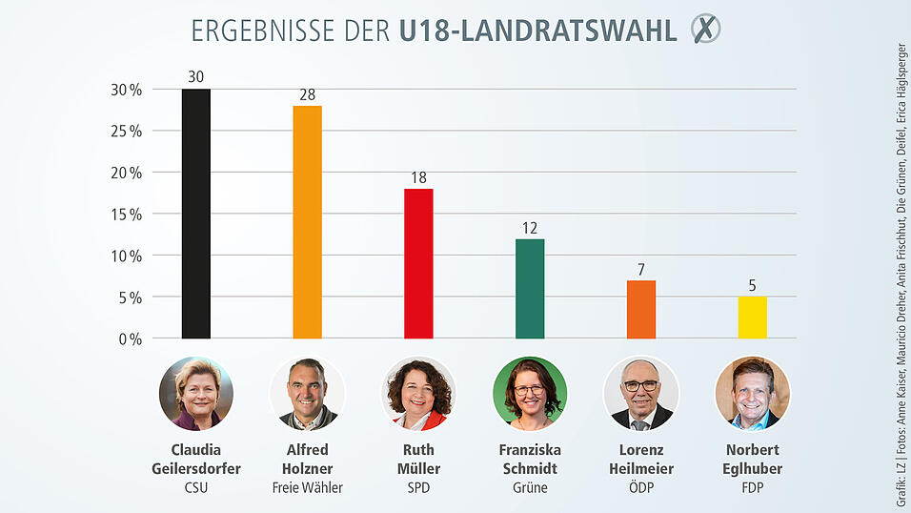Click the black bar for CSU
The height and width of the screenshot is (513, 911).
coord(195,214)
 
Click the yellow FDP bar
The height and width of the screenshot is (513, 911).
coord(752,318)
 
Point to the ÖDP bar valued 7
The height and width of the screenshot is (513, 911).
coord(640,309)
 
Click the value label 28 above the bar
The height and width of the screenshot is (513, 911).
coord(307,96)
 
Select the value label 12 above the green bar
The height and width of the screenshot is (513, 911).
coord(530,230)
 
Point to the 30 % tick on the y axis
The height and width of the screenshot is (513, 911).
coord(126,90)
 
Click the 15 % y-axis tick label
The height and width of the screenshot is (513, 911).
coord(126,215)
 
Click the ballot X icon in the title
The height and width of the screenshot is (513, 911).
coord(705,30)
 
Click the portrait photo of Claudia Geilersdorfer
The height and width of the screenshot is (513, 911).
coord(195,393)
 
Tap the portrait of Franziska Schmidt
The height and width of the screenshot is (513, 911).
coord(530,393)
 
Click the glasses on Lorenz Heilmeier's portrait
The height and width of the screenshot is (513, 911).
coord(640,386)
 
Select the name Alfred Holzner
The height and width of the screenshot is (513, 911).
coord(307,459)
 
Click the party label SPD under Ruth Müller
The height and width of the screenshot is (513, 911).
coord(418,488)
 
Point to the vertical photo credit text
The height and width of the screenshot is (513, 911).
coord(900,256)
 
